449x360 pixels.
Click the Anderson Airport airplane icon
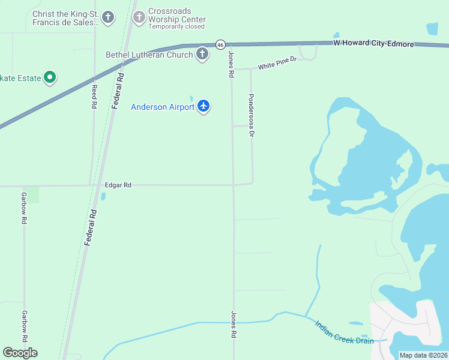point(203,106)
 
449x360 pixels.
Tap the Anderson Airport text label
point(163,107)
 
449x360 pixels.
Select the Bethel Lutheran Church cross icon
point(202,55)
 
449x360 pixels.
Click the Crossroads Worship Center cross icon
point(139,17)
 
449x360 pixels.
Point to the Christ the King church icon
point(108,17)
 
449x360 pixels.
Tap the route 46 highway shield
point(220,44)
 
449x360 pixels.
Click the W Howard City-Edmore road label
point(373,44)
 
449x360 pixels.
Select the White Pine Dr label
point(277,64)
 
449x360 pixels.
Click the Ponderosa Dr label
point(252,115)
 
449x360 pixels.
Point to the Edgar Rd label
point(118,185)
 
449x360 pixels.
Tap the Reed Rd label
point(94,96)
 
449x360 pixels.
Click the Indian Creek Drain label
point(344,332)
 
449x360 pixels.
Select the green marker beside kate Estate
point(50,77)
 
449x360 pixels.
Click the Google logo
point(20,353)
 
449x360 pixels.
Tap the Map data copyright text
point(423,355)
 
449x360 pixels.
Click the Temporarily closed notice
point(176,26)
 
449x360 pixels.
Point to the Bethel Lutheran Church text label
point(149,55)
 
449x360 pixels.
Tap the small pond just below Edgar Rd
point(103,196)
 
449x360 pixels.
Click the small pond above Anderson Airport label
point(191,98)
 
